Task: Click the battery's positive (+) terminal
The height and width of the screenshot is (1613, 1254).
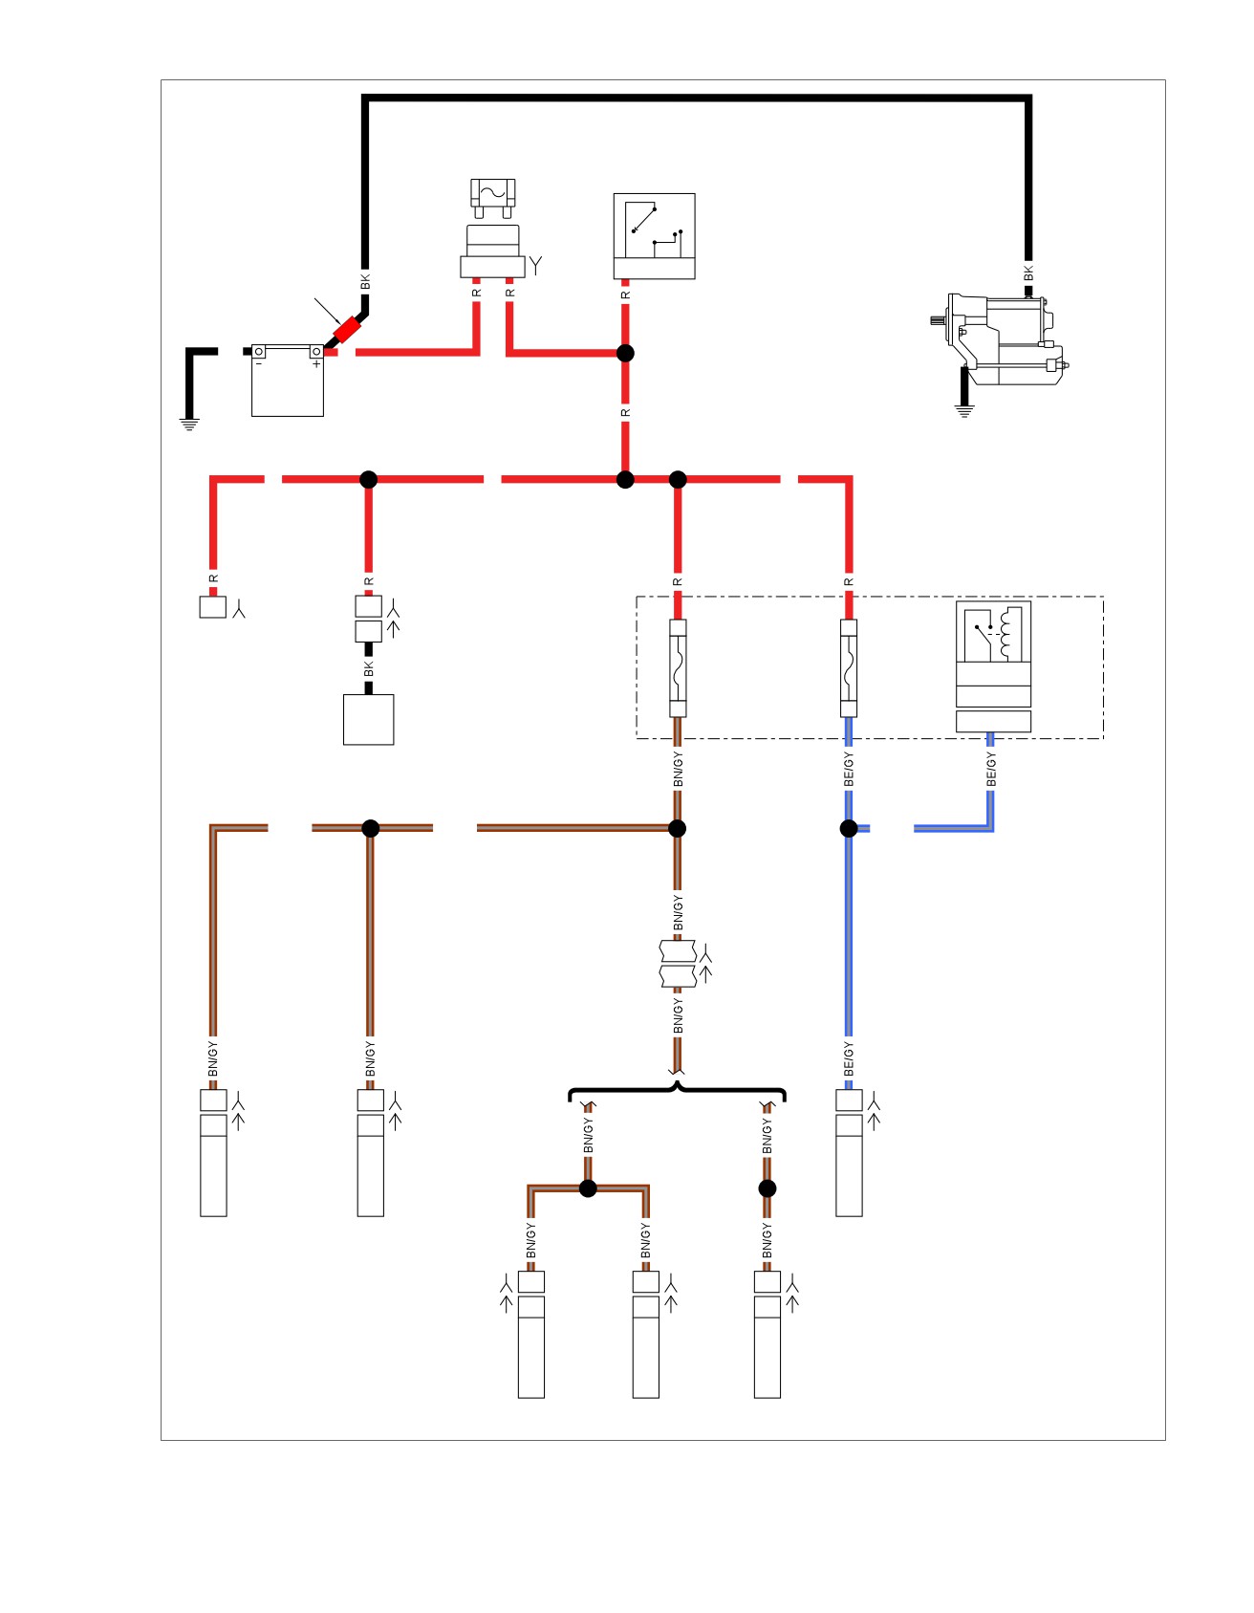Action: (315, 352)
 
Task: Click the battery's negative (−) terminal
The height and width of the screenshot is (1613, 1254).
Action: (258, 352)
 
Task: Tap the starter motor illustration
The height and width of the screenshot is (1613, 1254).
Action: (999, 339)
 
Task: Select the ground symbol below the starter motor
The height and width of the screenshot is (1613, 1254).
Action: (964, 411)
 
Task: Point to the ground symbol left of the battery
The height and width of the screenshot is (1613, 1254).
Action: (189, 425)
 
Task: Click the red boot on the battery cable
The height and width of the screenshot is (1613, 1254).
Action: (346, 332)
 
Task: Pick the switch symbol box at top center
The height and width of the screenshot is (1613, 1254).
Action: (654, 236)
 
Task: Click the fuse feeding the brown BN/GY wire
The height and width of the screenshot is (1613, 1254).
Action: (678, 668)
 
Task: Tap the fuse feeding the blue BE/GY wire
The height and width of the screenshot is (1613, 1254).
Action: (849, 668)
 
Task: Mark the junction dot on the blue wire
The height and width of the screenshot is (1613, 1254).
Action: (849, 828)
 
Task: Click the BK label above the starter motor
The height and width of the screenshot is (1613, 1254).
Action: (1028, 273)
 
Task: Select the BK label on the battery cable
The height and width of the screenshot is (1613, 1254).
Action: (364, 282)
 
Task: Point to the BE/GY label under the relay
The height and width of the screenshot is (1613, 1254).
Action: (991, 770)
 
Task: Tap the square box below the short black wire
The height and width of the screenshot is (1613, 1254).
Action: (369, 719)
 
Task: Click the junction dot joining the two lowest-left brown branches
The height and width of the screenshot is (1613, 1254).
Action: (588, 1188)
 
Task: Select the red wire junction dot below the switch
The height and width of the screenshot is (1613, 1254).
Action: (625, 353)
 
